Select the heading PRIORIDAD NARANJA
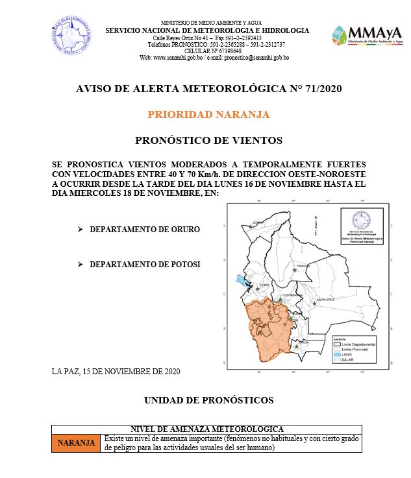click(x=208, y=114)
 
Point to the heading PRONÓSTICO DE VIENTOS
click(x=208, y=139)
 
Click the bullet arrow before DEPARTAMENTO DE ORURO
click(x=81, y=230)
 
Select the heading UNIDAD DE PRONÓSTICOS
click(x=208, y=400)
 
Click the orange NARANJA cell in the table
click(x=77, y=443)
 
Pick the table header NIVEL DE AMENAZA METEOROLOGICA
click(x=207, y=429)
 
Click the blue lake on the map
click(x=242, y=281)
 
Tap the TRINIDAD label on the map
click(x=304, y=267)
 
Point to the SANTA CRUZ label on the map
click(x=326, y=300)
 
